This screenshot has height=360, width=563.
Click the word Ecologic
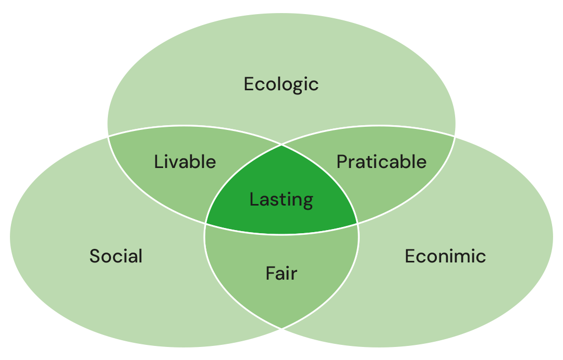pos(281,84)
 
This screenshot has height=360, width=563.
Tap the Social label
pos(116,256)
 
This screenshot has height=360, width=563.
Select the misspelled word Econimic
pos(445,256)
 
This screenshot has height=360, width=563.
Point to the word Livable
pos(185,162)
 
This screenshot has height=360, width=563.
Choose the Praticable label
pos(381,162)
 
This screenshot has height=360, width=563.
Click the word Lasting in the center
pos(281,200)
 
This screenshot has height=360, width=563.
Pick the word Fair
pos(281,273)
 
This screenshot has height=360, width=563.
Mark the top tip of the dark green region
pos(281,145)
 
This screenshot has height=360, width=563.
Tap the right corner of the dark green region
pos(358,224)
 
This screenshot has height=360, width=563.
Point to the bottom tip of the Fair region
pos(281,328)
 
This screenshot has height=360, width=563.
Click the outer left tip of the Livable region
pos(107,135)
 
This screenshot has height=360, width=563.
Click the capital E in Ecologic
pos(249,84)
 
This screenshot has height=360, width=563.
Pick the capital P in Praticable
pos(342,162)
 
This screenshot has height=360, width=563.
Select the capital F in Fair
pos(271,273)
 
